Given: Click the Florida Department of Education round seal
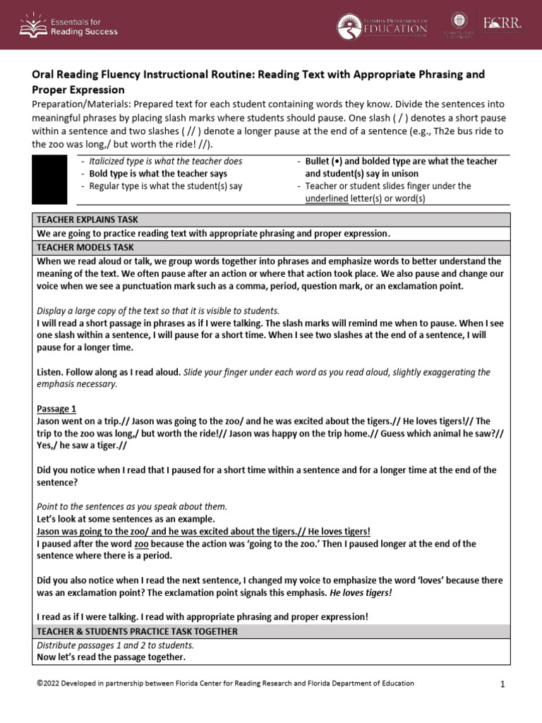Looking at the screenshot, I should [x=348, y=26].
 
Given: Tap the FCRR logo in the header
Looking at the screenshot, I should [x=502, y=25].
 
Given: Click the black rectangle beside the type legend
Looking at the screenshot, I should [x=45, y=179].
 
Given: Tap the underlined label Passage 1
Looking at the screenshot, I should [x=56, y=409].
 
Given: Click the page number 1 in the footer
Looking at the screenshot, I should [x=503, y=684].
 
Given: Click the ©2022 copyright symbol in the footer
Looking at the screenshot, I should [x=39, y=683].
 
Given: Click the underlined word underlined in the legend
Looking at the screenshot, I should [x=328, y=198].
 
